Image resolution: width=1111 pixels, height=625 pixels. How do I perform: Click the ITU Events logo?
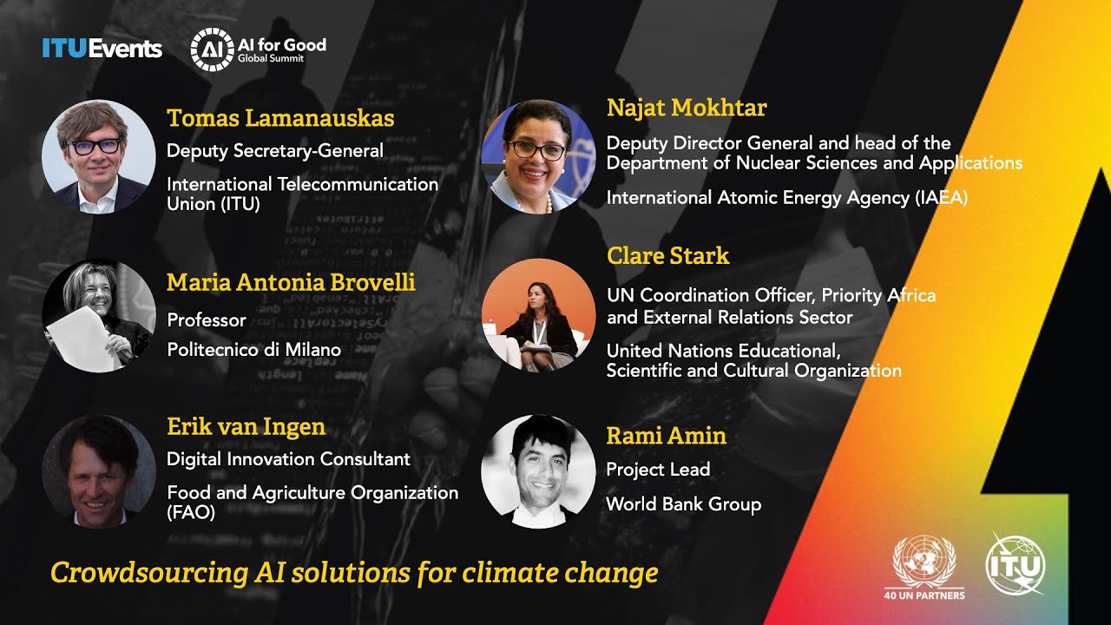tap(102, 49)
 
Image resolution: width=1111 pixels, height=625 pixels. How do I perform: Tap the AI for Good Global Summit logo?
tap(258, 49)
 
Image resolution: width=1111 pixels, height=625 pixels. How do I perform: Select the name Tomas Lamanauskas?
tap(280, 118)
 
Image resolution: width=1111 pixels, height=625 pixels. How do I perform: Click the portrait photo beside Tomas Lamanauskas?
tap(98, 156)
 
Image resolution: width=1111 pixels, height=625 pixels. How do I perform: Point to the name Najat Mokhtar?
tap(687, 109)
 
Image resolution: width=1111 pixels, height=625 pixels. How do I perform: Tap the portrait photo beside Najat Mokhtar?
tap(538, 156)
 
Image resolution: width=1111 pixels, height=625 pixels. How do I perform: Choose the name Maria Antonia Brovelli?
tap(291, 282)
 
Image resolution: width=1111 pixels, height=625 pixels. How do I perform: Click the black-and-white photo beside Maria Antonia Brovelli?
tap(98, 316)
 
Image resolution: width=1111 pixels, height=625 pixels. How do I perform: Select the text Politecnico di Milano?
tap(253, 350)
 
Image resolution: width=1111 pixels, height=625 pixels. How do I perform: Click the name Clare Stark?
tap(667, 256)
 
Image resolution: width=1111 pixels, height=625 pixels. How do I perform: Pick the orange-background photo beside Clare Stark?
tap(538, 314)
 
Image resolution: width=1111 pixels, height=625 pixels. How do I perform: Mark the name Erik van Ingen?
tap(246, 426)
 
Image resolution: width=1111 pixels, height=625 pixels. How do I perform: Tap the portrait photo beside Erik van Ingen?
tap(98, 471)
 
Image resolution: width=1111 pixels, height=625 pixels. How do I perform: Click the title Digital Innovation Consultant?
tap(288, 458)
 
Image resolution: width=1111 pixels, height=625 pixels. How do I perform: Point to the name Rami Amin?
tap(666, 436)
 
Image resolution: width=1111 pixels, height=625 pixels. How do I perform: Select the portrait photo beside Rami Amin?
tap(538, 471)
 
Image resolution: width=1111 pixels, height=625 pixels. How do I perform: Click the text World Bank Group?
tap(683, 504)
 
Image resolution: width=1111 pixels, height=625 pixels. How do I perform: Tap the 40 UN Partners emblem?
tap(924, 567)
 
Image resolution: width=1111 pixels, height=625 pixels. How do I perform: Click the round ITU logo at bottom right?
tap(1016, 564)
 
